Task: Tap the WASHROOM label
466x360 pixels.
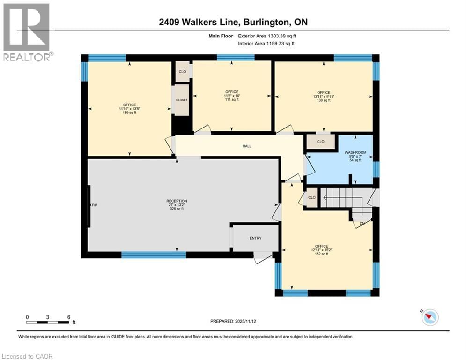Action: point(355,153)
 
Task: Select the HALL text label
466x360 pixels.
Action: point(247,146)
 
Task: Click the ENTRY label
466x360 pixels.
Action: point(255,238)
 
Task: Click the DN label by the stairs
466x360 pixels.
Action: point(362,224)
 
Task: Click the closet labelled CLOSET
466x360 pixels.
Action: point(181,100)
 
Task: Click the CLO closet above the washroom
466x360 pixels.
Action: point(321,141)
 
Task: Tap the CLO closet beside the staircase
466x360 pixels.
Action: point(311,197)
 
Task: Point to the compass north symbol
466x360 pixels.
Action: point(429,317)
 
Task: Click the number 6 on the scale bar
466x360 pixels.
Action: point(69,317)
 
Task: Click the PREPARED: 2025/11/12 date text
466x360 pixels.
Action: point(233,321)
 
